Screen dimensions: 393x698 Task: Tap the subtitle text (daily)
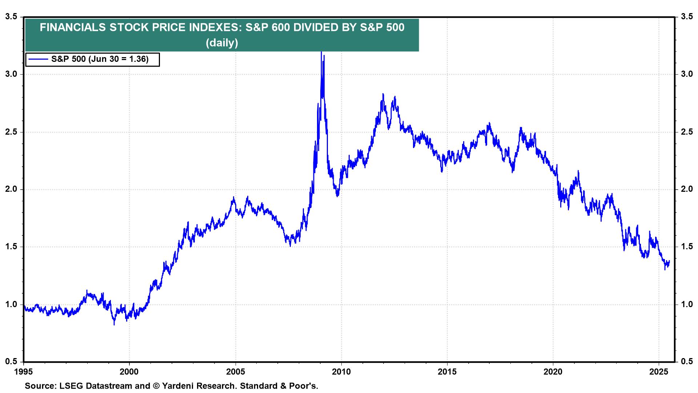[x=222, y=43]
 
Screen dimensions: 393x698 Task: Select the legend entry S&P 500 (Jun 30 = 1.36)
[x=100, y=59]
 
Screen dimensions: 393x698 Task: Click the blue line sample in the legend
[x=38, y=59]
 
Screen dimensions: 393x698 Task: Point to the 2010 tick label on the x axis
[x=341, y=372]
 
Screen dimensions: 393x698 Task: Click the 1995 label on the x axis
[x=24, y=372]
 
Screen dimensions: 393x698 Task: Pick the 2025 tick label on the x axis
[x=659, y=372]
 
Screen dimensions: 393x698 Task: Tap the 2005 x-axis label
[x=236, y=372]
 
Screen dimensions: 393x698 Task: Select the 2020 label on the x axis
[x=553, y=372]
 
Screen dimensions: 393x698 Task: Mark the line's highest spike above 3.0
[x=321, y=52]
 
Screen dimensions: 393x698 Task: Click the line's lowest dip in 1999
[x=114, y=324]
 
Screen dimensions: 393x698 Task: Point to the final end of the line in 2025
[x=669, y=261]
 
